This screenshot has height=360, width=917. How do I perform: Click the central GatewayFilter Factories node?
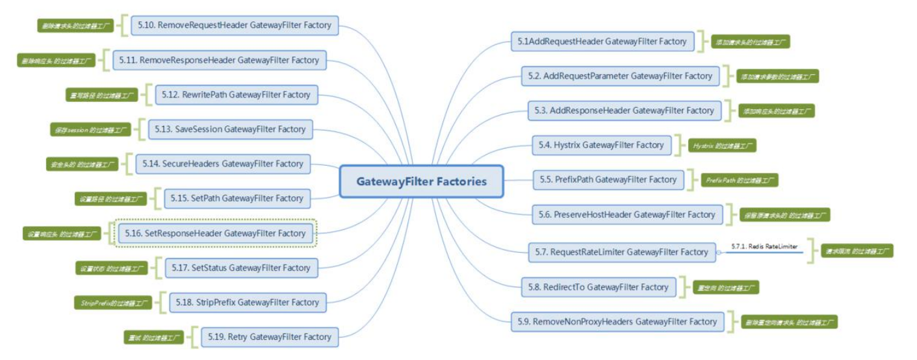click(421, 181)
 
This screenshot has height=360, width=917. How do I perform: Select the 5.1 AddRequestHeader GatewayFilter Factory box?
click(602, 42)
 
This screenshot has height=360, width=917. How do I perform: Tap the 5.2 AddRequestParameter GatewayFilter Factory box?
click(620, 76)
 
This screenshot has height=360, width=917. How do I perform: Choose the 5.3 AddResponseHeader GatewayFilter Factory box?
click(624, 110)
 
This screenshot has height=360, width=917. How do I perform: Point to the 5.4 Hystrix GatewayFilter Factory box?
click(601, 145)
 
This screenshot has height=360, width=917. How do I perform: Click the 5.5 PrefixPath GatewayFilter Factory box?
click(608, 180)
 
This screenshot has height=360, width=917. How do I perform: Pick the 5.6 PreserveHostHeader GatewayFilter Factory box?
click(626, 214)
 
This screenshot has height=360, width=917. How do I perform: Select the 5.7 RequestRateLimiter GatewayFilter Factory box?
click(621, 252)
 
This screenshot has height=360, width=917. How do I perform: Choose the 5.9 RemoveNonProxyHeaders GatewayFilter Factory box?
click(617, 322)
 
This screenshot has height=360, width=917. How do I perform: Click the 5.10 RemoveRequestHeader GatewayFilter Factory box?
click(234, 25)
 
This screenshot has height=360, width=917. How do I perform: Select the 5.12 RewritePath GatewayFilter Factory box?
click(237, 95)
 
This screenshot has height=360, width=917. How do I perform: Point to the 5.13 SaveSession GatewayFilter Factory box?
click(231, 129)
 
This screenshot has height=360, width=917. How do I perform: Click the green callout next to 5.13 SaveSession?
click(90, 130)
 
